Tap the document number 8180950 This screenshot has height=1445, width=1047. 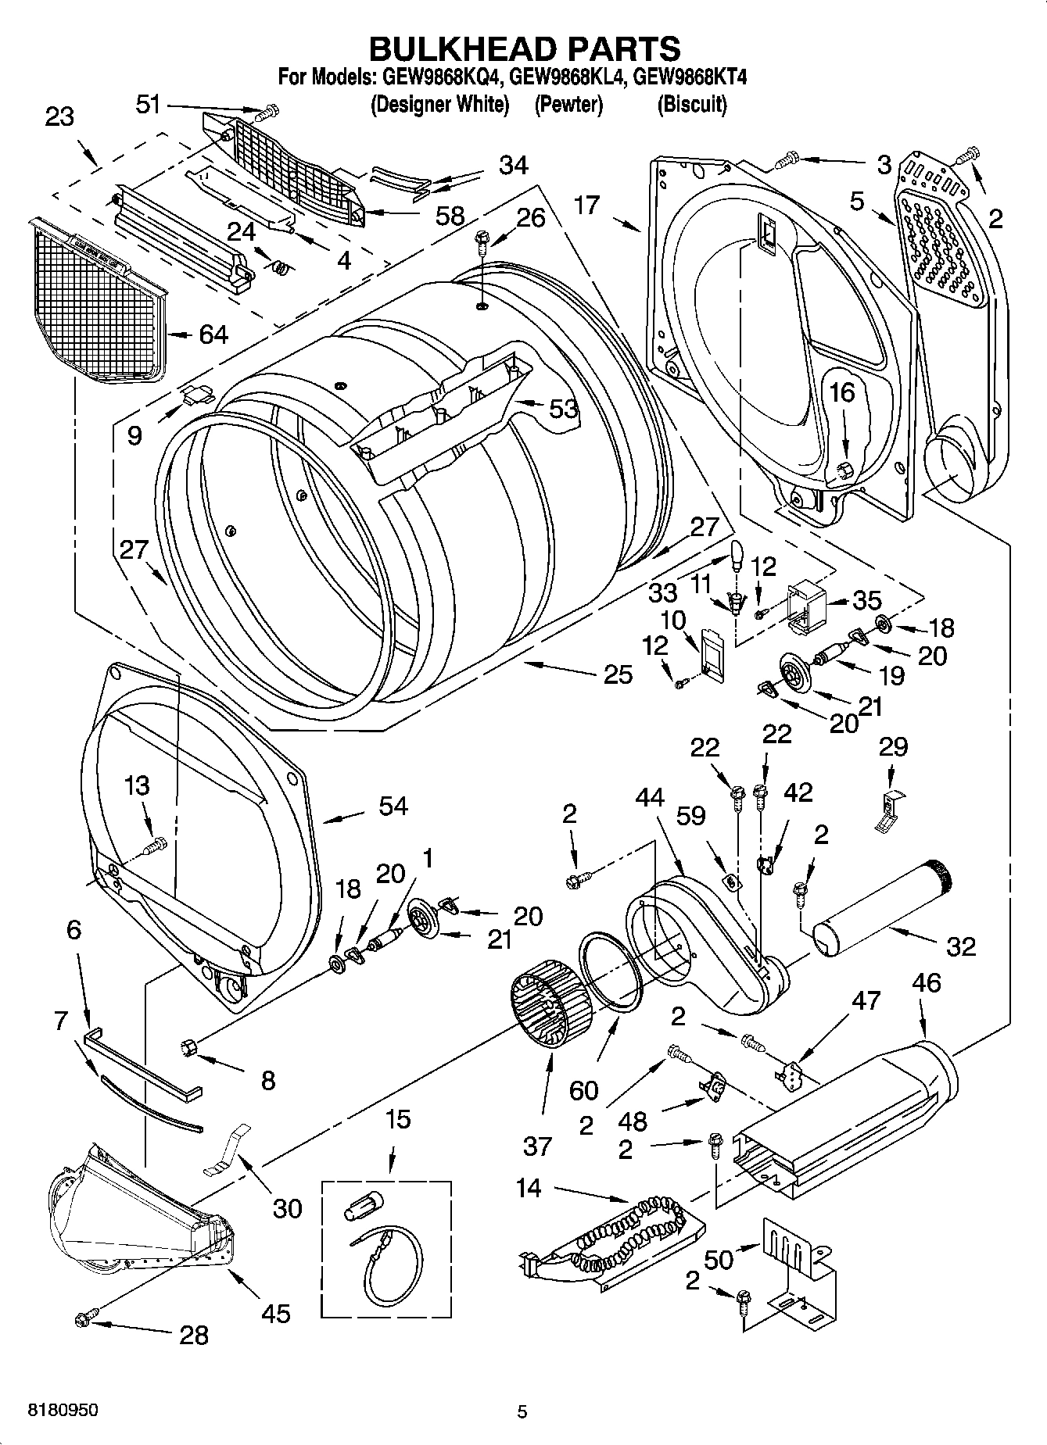point(63,1411)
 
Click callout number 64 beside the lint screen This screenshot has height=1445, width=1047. point(213,334)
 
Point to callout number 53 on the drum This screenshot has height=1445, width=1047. point(563,408)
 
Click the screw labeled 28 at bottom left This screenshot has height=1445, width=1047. point(83,1320)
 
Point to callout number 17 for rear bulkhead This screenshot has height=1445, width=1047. point(586,206)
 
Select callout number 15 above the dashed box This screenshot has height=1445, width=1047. point(397,1119)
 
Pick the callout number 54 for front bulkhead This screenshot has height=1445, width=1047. point(393,806)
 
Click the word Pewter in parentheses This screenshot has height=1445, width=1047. point(568,104)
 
